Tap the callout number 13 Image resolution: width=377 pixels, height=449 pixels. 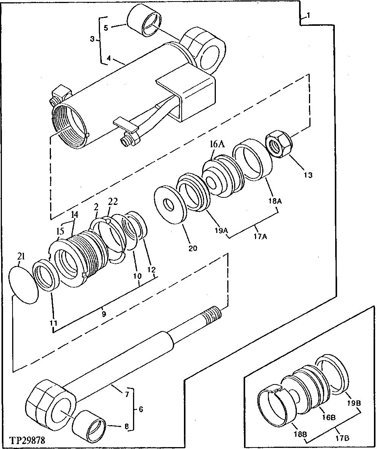coord(308,175)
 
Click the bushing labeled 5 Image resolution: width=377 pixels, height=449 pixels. coord(144,22)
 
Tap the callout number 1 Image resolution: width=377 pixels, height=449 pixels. coord(309,16)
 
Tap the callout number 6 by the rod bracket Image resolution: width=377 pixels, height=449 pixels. coord(141,409)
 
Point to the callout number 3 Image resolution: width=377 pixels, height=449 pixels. coord(92,39)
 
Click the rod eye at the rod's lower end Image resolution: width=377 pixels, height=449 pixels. coord(49,405)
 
